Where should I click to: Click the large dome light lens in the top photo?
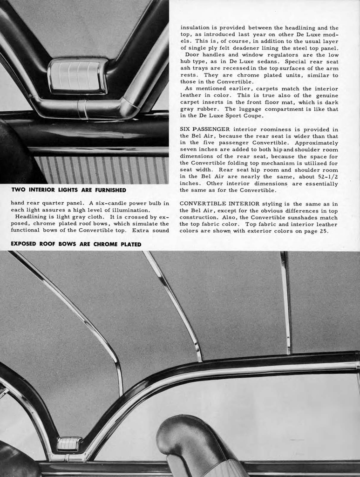[77, 75]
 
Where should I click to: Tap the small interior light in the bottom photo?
[69, 443]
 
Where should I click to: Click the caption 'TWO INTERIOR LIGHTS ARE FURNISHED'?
[68, 190]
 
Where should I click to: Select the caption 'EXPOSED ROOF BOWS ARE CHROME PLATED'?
[76, 244]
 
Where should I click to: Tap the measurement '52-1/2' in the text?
[328, 177]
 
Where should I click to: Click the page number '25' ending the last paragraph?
[324, 231]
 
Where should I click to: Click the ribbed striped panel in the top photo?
[102, 170]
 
